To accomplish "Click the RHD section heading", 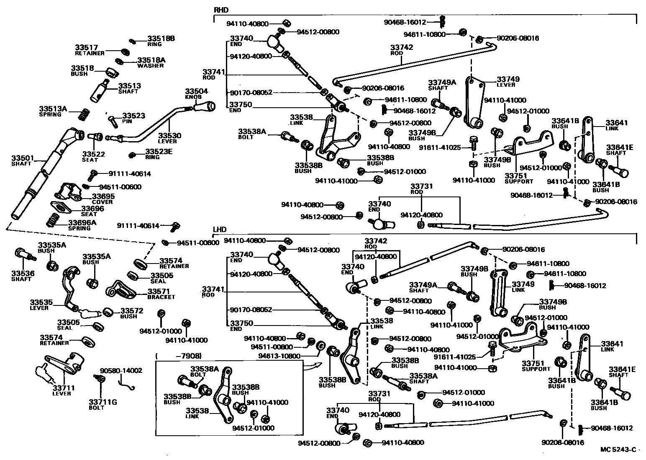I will click(221, 10).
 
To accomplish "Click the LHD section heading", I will click(220, 230).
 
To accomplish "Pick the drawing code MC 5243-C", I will click(618, 450).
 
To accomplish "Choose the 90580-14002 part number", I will click(121, 370).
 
